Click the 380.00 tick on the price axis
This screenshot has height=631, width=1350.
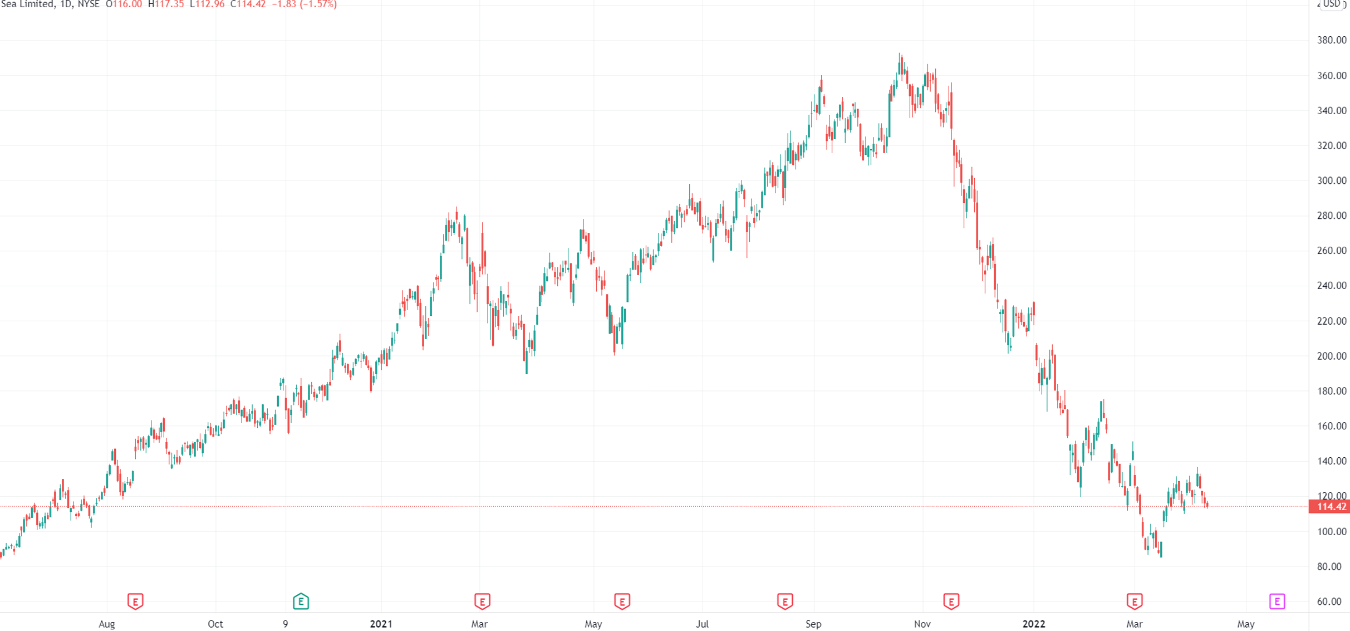[x=1331, y=40]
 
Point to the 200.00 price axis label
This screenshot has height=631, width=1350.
[x=1331, y=356]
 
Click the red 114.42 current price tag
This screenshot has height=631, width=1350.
[x=1331, y=507]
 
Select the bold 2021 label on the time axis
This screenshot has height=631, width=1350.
[x=381, y=624]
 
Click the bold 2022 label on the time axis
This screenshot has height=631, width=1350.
[x=1034, y=624]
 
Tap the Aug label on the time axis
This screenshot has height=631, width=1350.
[x=106, y=624]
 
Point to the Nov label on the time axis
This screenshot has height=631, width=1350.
[x=922, y=624]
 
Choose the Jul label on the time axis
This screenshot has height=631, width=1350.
[x=702, y=624]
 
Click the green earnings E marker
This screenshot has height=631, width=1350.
[x=301, y=601]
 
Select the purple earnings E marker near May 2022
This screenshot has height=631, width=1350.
[x=1277, y=601]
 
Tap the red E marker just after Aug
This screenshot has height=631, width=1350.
[x=135, y=601]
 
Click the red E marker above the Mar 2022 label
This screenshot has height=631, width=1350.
[x=1135, y=601]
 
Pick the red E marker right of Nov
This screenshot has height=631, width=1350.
[x=951, y=601]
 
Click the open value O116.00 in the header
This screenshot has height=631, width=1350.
[x=124, y=4]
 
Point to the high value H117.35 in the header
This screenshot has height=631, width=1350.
[x=166, y=4]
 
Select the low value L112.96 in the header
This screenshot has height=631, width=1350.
[x=207, y=4]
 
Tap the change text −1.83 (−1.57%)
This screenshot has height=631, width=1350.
[x=304, y=4]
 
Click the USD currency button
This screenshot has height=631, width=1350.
[x=1331, y=4]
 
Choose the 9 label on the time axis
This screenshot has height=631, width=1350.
[x=285, y=624]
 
